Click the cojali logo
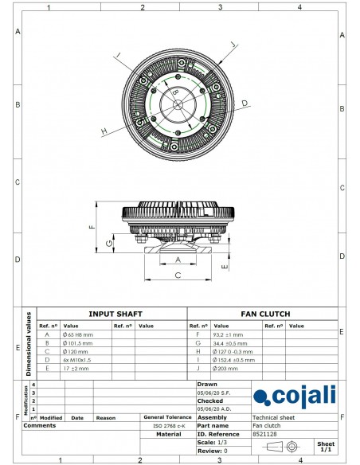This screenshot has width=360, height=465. pyautogui.click(x=294, y=396)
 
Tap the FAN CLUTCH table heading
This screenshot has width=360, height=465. pyautogui.click(x=265, y=314)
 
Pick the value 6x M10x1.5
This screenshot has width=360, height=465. pyautogui.click(x=79, y=360)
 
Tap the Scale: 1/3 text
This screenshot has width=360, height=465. pyautogui.click(x=209, y=442)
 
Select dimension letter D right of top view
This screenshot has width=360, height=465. pyautogui.click(x=245, y=104)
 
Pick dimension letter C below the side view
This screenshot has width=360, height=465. pyautogui.click(x=177, y=275)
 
